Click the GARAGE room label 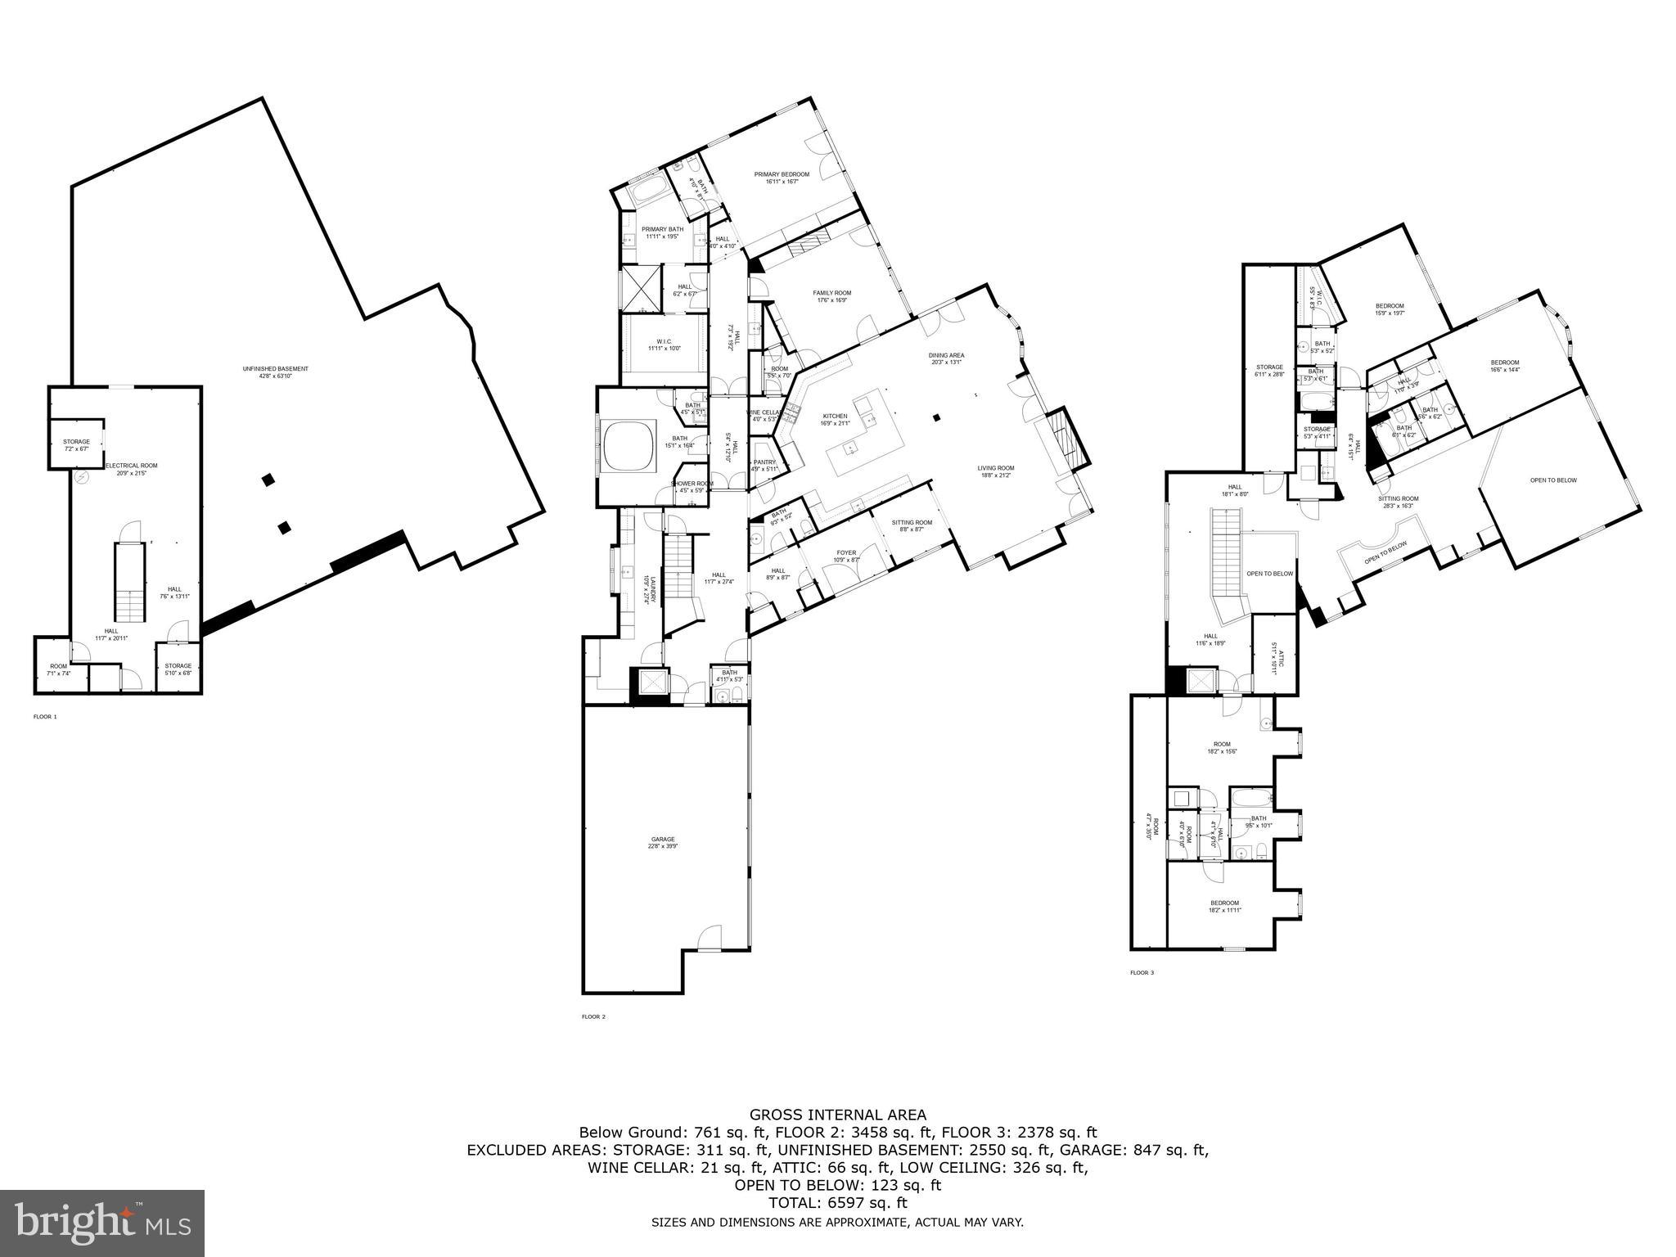(663, 840)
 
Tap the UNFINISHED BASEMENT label (275, 369)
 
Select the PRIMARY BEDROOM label (782, 174)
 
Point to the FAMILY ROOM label (831, 293)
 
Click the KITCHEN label (835, 417)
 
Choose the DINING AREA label (946, 356)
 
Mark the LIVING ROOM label (995, 469)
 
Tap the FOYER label (846, 553)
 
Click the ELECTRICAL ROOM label (131, 466)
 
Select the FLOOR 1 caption (45, 717)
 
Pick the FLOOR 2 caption (593, 1017)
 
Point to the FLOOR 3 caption (1142, 973)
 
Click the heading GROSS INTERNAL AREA (838, 1115)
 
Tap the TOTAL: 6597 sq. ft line (838, 1203)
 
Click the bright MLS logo (102, 1223)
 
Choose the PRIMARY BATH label (662, 230)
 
